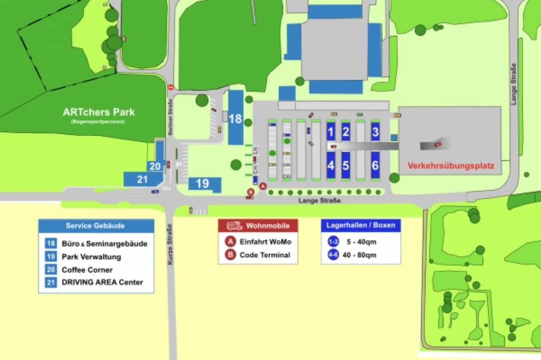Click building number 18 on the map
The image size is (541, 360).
click(236, 118)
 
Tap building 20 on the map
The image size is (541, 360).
click(155, 166)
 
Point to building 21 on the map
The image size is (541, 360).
click(142, 179)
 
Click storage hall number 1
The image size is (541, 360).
click(331, 131)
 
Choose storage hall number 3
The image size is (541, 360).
click(375, 131)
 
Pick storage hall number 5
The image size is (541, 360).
click(346, 165)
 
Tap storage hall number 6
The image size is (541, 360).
click(375, 165)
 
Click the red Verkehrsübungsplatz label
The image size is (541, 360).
click(451, 166)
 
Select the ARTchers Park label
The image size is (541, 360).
click(98, 112)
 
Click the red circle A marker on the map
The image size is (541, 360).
click(263, 186)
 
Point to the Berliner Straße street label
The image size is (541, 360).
click(170, 116)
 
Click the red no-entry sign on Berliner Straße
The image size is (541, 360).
click(171, 87)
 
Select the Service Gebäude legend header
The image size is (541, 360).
click(95, 226)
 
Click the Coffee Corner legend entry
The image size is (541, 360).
click(87, 270)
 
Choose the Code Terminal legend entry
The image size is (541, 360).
click(265, 255)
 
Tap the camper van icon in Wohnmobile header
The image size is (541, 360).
click(235, 226)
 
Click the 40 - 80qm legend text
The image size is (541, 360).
click(361, 255)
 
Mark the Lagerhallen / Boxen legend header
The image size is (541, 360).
click(361, 226)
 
